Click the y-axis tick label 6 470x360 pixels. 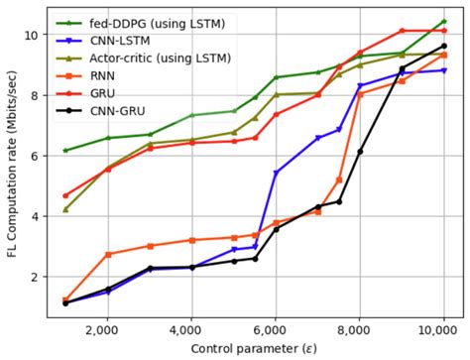coord(35,156)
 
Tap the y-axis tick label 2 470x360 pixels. coord(35,277)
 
